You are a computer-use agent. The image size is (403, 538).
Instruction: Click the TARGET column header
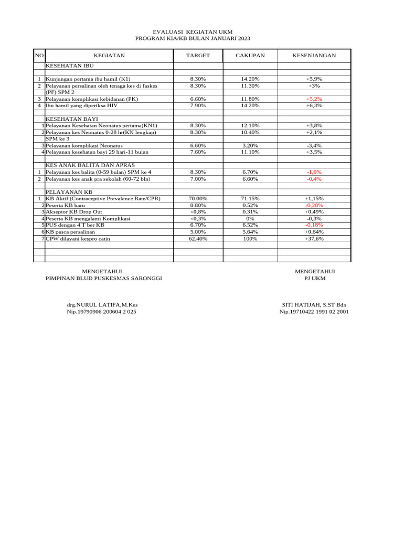point(198,55)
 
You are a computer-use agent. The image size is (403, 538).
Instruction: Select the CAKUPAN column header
point(250,55)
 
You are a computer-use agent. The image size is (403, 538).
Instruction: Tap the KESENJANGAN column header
point(314,55)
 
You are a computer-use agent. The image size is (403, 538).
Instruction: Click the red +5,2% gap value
point(314,99)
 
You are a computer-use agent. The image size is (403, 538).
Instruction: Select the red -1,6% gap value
point(314,172)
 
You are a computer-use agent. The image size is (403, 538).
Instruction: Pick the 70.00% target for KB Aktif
point(198,199)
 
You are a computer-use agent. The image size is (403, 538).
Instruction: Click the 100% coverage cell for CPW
point(250,239)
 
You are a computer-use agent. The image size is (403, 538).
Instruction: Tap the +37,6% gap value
point(314,239)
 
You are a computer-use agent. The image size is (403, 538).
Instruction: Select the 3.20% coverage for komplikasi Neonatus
point(250,145)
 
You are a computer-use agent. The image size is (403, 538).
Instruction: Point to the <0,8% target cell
point(198,212)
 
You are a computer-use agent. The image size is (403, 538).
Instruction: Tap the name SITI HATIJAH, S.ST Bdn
point(314,305)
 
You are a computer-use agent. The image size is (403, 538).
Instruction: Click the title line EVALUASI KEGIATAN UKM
point(193,32)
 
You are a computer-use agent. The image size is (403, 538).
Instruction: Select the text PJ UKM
point(315,278)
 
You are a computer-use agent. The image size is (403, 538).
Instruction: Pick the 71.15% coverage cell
point(250,199)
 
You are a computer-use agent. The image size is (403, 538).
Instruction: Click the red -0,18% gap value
point(314,225)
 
